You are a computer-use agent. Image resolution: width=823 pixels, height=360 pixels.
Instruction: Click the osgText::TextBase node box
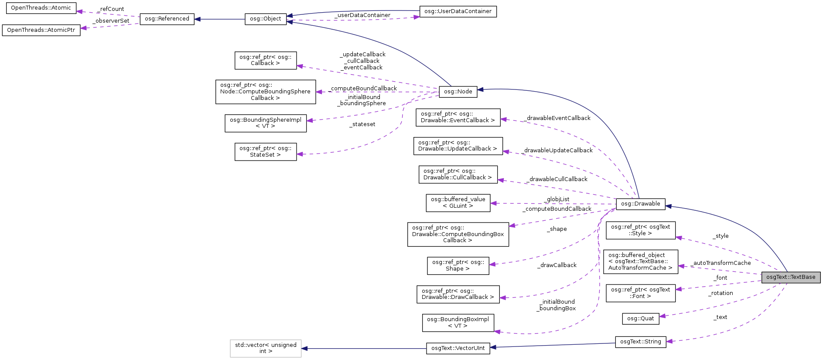[791, 277]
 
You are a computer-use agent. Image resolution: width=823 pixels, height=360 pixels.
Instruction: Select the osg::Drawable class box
[640, 204]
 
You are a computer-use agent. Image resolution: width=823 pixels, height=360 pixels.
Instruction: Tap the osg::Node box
[458, 92]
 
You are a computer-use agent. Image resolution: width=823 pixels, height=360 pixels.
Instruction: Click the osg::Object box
[265, 19]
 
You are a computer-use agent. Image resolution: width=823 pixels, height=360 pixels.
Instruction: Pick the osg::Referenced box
[167, 19]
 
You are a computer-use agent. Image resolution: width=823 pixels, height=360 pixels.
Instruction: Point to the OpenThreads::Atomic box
[41, 8]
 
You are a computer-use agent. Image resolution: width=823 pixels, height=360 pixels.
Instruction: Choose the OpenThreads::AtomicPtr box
[41, 30]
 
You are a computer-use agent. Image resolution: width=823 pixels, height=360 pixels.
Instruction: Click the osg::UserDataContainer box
[458, 11]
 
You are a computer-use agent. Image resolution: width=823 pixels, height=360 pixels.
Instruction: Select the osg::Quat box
[640, 319]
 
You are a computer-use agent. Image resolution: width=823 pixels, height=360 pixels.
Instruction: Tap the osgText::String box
[640, 342]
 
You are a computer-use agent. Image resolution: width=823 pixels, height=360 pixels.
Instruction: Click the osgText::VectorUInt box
[458, 348]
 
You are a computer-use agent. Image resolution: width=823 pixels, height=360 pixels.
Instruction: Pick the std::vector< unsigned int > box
[266, 348]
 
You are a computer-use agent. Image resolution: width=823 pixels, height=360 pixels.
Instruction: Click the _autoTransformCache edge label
[722, 263]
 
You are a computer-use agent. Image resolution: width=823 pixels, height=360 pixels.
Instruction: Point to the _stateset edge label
[362, 124]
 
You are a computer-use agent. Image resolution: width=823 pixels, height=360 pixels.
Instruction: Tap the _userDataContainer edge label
[362, 15]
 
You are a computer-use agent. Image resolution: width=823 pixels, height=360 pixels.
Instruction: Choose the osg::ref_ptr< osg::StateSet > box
[265, 151]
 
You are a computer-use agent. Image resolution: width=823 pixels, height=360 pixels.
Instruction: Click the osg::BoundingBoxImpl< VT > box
[458, 322]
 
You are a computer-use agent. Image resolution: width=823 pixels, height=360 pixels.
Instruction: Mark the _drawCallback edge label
[557, 265]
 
